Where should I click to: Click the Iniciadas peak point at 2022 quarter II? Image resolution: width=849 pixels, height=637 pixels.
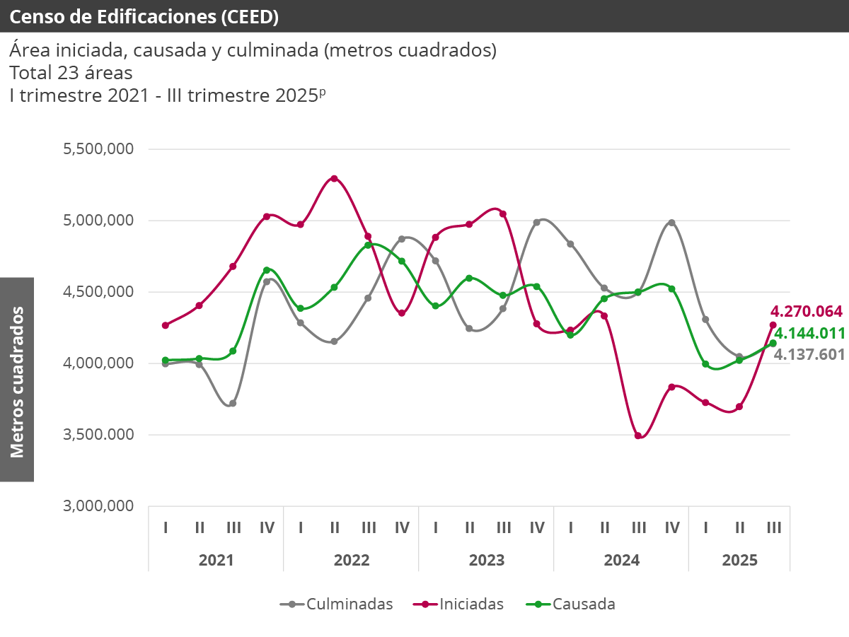pyautogui.click(x=334, y=178)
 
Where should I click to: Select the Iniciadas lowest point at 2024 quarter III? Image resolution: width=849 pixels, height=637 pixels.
pyautogui.click(x=638, y=436)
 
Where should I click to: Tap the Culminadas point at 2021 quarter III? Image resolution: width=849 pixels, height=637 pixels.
pyautogui.click(x=233, y=403)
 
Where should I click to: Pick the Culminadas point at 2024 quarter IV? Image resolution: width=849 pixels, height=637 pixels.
pyautogui.click(x=671, y=223)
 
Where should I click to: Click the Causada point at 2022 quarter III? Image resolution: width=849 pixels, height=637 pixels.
pyautogui.click(x=368, y=245)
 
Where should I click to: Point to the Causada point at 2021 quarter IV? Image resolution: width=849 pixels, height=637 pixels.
pyautogui.click(x=267, y=270)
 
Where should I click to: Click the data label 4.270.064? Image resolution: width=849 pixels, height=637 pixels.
pyautogui.click(x=807, y=311)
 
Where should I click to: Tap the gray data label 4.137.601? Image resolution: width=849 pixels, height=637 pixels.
pyautogui.click(x=809, y=354)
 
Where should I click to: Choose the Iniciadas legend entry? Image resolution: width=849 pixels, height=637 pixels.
pyautogui.click(x=463, y=604)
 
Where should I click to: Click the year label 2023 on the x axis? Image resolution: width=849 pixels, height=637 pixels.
pyautogui.click(x=487, y=560)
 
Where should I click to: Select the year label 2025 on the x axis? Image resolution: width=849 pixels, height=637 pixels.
pyautogui.click(x=739, y=560)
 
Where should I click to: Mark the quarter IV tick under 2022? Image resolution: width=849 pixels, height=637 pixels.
pyautogui.click(x=402, y=527)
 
